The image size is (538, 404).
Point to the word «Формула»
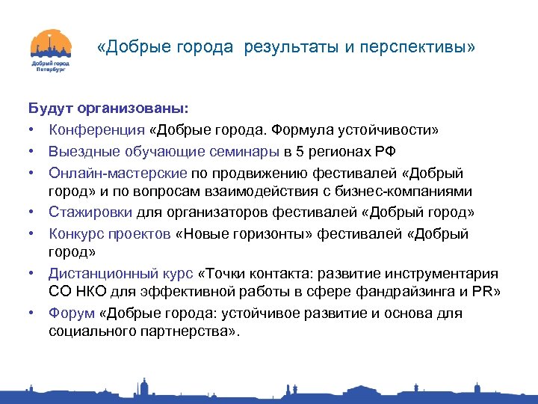(x=309, y=129)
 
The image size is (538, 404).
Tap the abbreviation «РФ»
(x=386, y=151)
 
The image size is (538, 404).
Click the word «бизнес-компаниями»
(x=417, y=192)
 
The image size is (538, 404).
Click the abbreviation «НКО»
(x=90, y=293)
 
